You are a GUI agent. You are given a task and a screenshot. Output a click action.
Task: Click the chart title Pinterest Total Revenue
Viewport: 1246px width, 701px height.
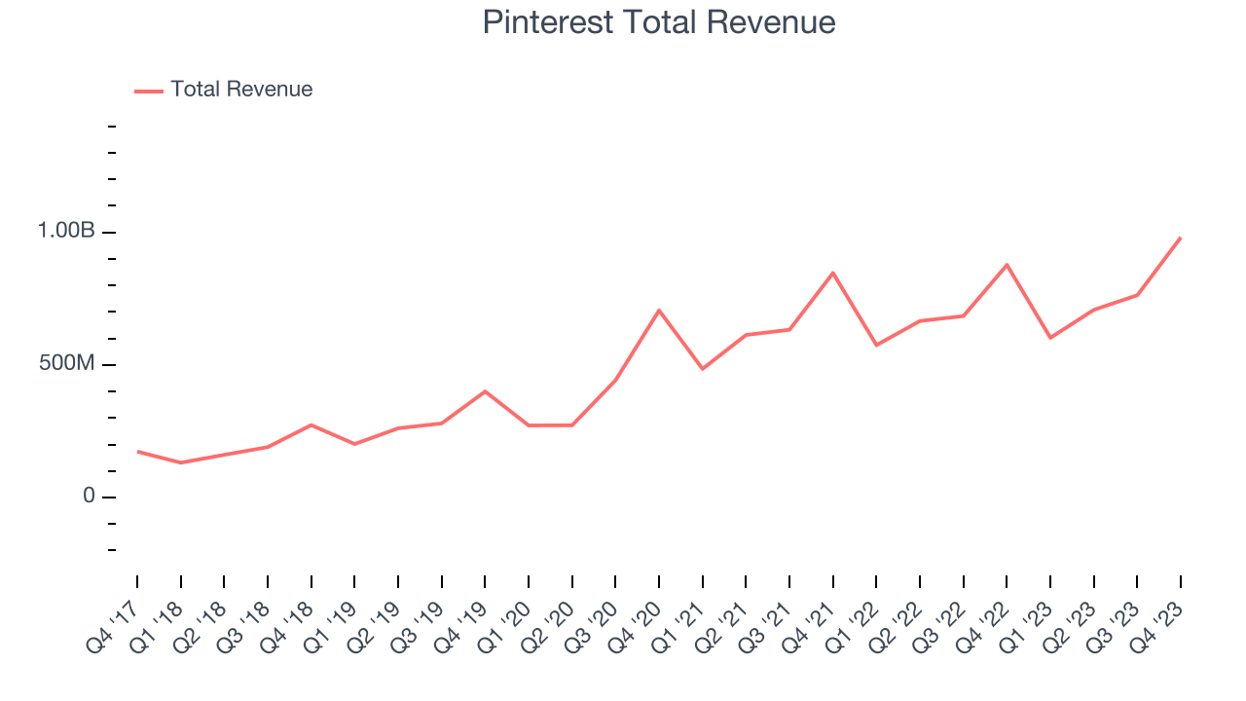(x=659, y=22)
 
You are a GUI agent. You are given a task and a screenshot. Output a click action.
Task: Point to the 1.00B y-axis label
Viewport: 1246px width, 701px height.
(x=66, y=232)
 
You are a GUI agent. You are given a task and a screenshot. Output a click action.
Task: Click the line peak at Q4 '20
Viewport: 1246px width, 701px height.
(x=659, y=311)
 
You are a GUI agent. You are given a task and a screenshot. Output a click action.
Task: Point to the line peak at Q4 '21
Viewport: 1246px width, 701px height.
(x=833, y=273)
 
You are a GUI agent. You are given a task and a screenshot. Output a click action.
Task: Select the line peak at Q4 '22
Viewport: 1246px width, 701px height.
(x=1007, y=265)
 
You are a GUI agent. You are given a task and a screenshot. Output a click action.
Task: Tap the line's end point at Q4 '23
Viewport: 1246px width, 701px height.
(x=1181, y=238)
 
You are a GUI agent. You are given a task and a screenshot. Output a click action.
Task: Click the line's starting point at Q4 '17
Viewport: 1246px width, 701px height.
(x=137, y=452)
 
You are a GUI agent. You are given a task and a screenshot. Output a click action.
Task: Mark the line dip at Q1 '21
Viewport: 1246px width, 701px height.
(x=702, y=369)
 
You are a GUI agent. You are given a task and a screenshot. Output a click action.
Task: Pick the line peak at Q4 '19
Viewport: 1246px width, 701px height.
(x=485, y=391)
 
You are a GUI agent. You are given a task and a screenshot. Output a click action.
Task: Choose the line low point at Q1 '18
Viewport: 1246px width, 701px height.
(x=180, y=462)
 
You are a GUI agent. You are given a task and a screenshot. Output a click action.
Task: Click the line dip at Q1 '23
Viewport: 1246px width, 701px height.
(x=1050, y=338)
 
